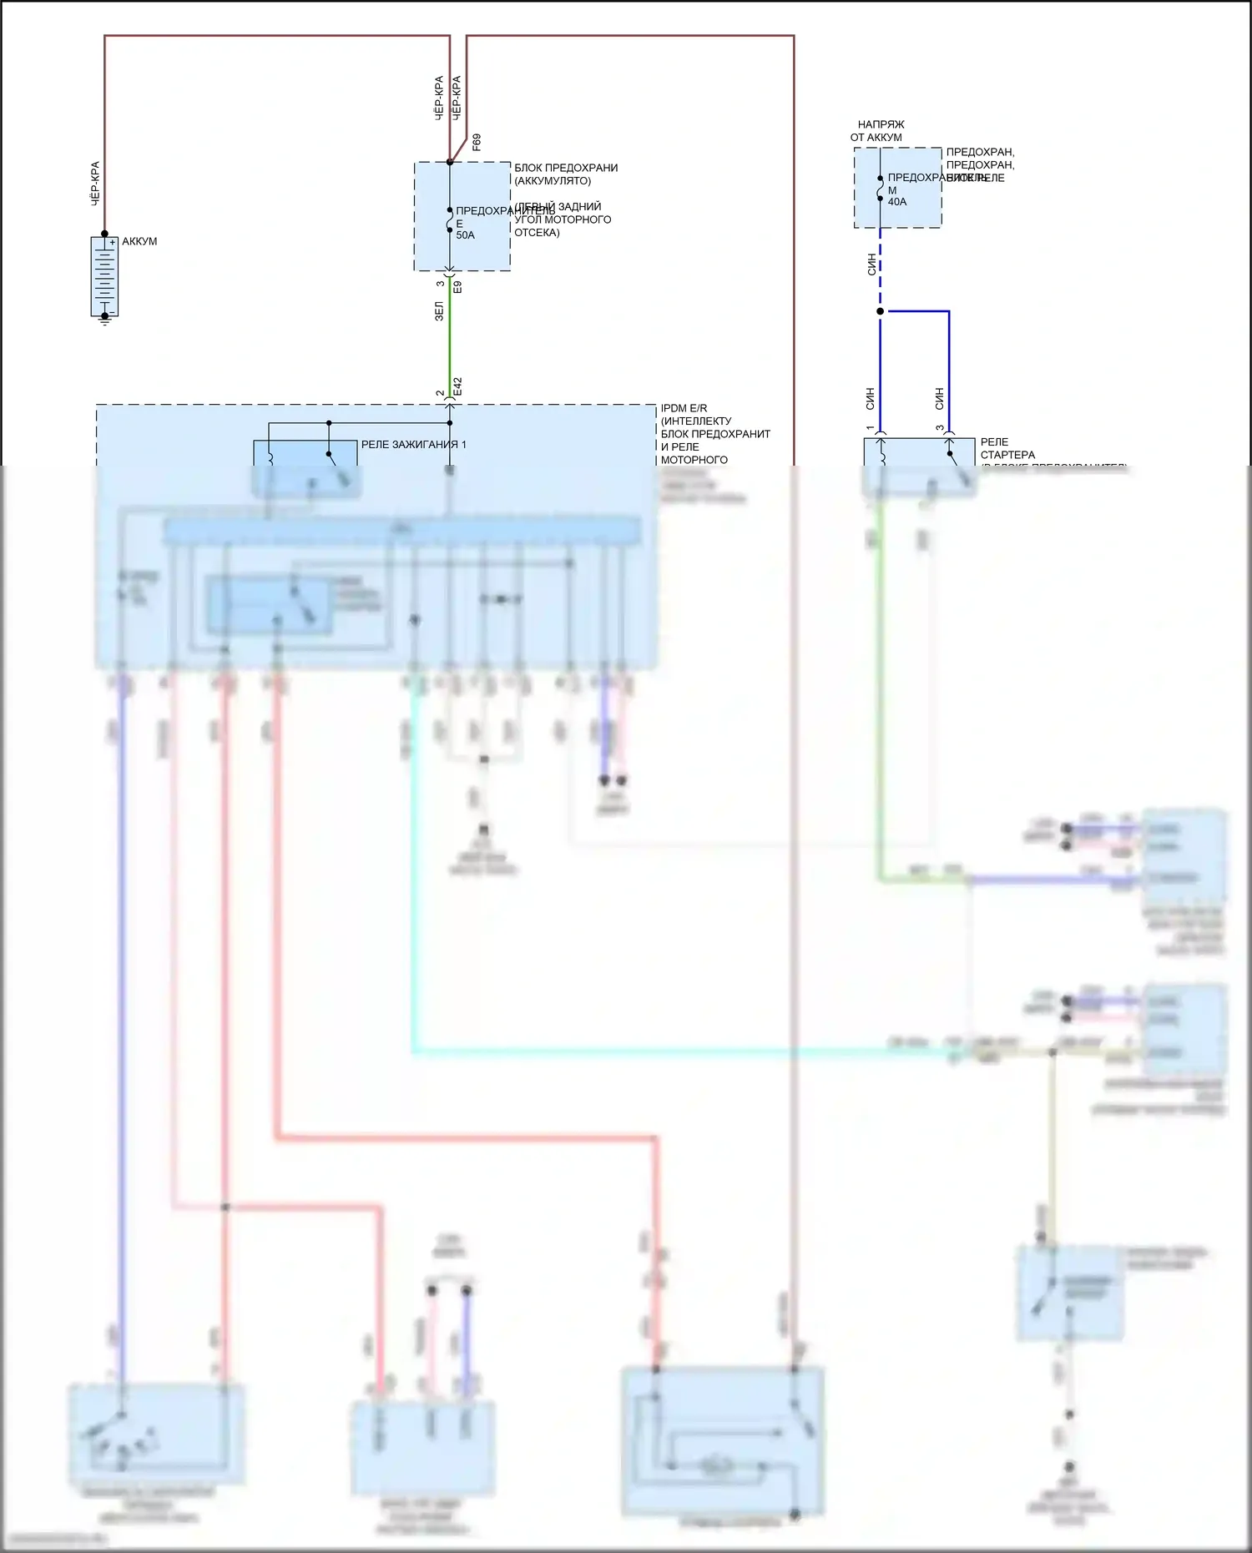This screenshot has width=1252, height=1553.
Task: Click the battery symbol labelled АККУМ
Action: click(x=104, y=277)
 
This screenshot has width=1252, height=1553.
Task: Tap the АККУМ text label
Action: click(x=139, y=242)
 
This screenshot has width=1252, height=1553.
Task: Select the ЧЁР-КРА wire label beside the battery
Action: click(x=95, y=184)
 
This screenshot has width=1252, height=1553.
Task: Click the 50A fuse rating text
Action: click(x=465, y=235)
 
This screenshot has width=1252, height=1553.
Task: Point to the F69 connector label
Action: click(x=477, y=142)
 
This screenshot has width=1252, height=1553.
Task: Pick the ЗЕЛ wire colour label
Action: click(x=439, y=311)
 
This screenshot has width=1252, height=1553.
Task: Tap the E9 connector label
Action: click(x=457, y=286)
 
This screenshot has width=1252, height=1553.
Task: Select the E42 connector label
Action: click(x=457, y=386)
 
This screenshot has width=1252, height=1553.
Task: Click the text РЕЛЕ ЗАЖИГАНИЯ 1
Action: click(x=413, y=445)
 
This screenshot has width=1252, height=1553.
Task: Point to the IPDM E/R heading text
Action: click(x=684, y=409)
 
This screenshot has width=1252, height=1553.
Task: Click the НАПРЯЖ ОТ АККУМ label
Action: click(x=877, y=131)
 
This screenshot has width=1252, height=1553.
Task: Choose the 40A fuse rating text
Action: click(x=897, y=202)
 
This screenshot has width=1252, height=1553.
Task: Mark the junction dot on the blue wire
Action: click(x=880, y=311)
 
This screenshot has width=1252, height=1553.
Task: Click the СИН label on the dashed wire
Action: click(x=871, y=265)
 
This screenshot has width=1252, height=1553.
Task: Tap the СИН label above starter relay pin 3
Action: click(x=940, y=398)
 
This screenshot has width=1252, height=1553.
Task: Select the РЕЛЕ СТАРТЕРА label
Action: click(x=1007, y=448)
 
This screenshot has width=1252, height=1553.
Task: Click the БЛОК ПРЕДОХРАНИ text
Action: click(x=566, y=168)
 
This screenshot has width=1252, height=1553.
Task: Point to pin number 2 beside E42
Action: click(x=441, y=393)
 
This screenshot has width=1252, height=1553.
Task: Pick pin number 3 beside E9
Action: click(x=441, y=285)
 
